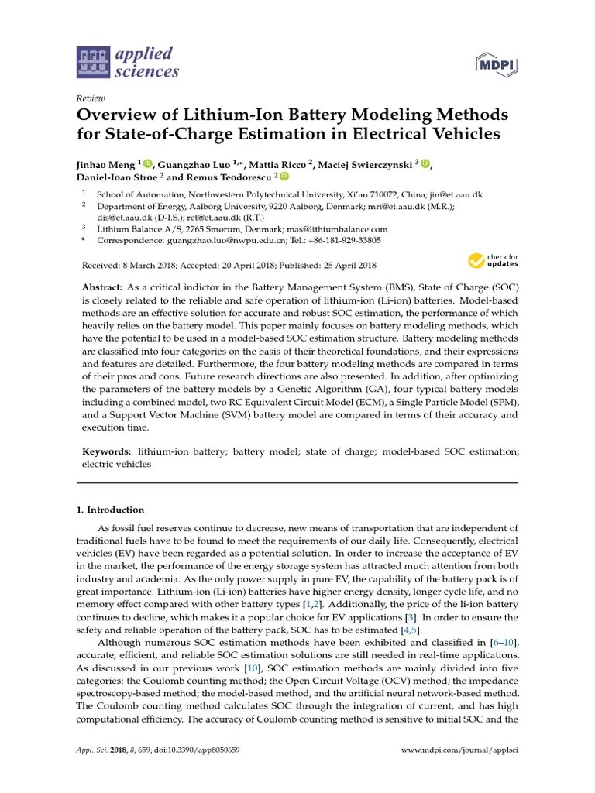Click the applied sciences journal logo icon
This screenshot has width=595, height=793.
(x=94, y=63)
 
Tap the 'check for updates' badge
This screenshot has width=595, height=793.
(x=494, y=259)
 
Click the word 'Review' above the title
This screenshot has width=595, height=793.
(x=91, y=98)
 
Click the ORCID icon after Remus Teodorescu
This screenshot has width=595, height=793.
(x=284, y=177)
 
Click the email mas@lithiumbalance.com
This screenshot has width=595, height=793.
(x=338, y=229)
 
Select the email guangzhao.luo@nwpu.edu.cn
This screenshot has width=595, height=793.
(x=211, y=241)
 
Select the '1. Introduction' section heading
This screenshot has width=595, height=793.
(x=110, y=510)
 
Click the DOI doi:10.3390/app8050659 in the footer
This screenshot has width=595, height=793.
(x=197, y=751)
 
